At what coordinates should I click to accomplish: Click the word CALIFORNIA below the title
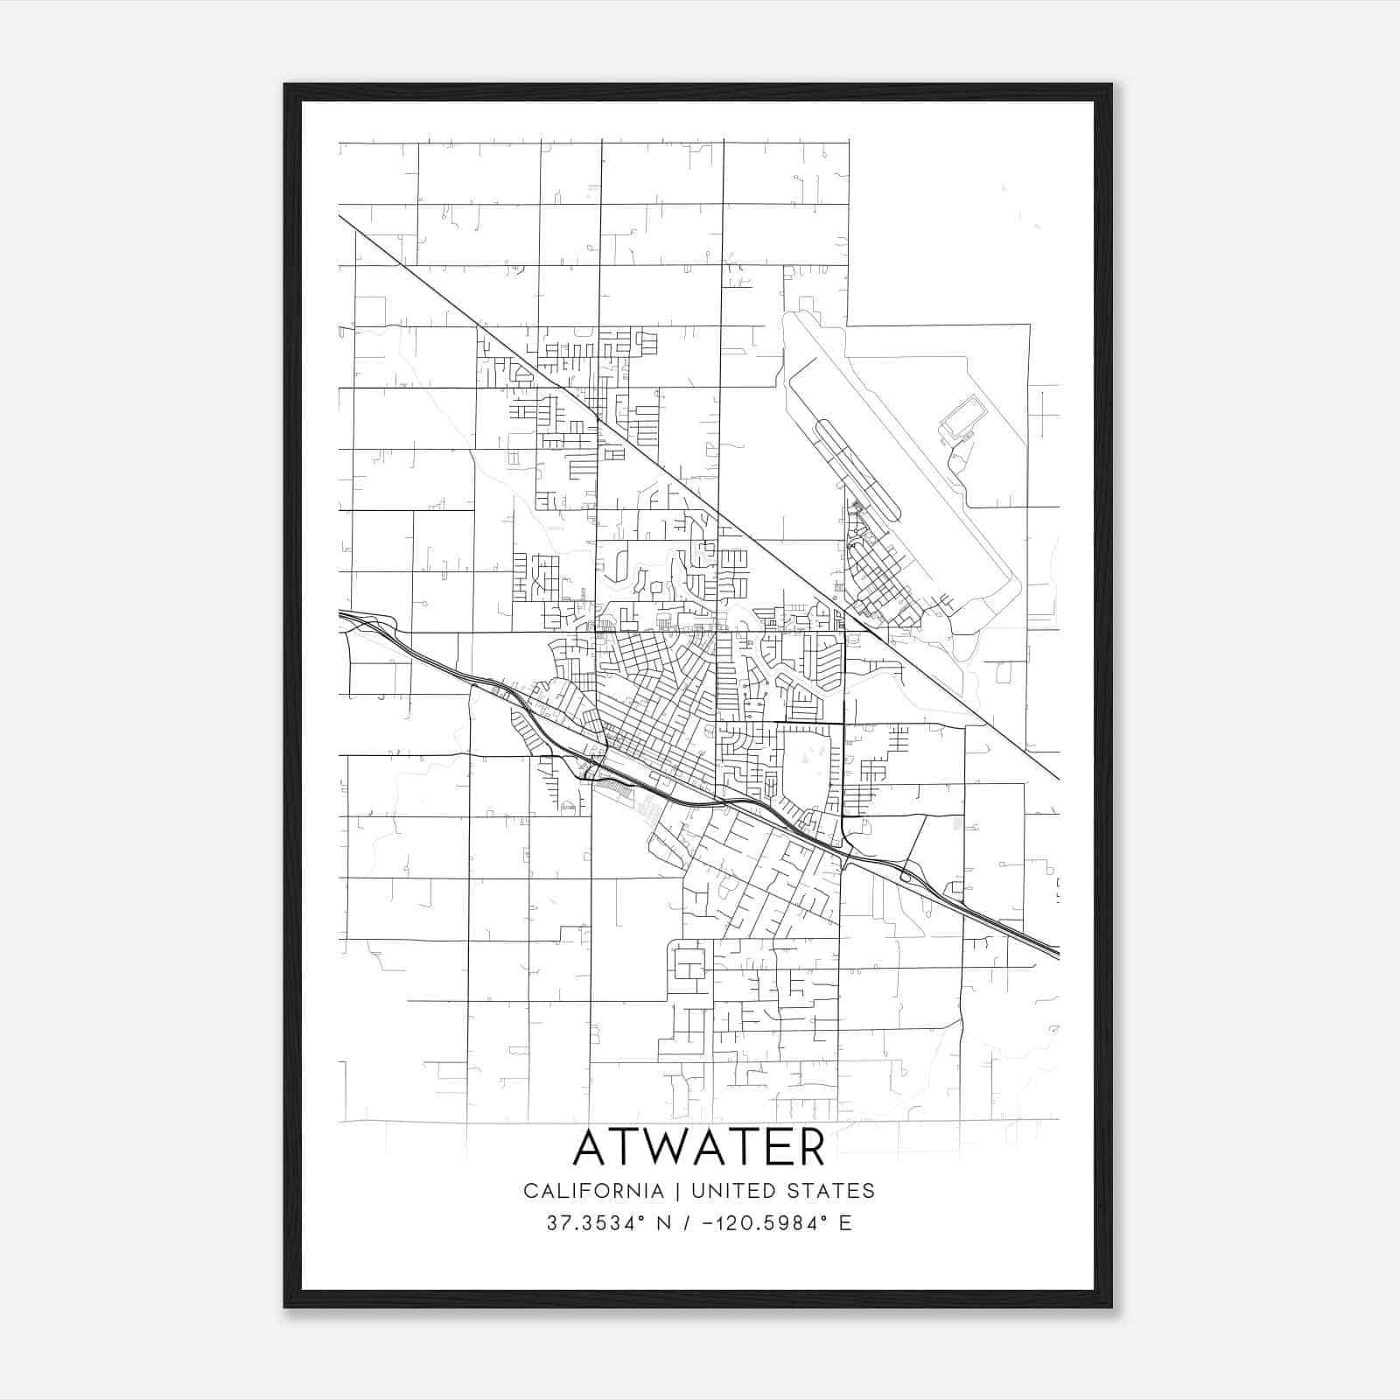[x=592, y=1191]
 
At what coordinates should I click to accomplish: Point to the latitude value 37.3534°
[x=599, y=1223]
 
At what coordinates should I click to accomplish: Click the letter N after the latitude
[x=664, y=1223]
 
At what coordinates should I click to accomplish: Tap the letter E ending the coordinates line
[x=845, y=1223]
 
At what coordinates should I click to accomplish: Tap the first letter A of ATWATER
[x=591, y=1148]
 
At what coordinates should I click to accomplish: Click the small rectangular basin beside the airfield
[x=962, y=418]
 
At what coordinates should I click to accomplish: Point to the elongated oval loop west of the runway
[x=857, y=468]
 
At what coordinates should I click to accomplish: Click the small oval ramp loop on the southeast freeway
[x=907, y=876]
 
